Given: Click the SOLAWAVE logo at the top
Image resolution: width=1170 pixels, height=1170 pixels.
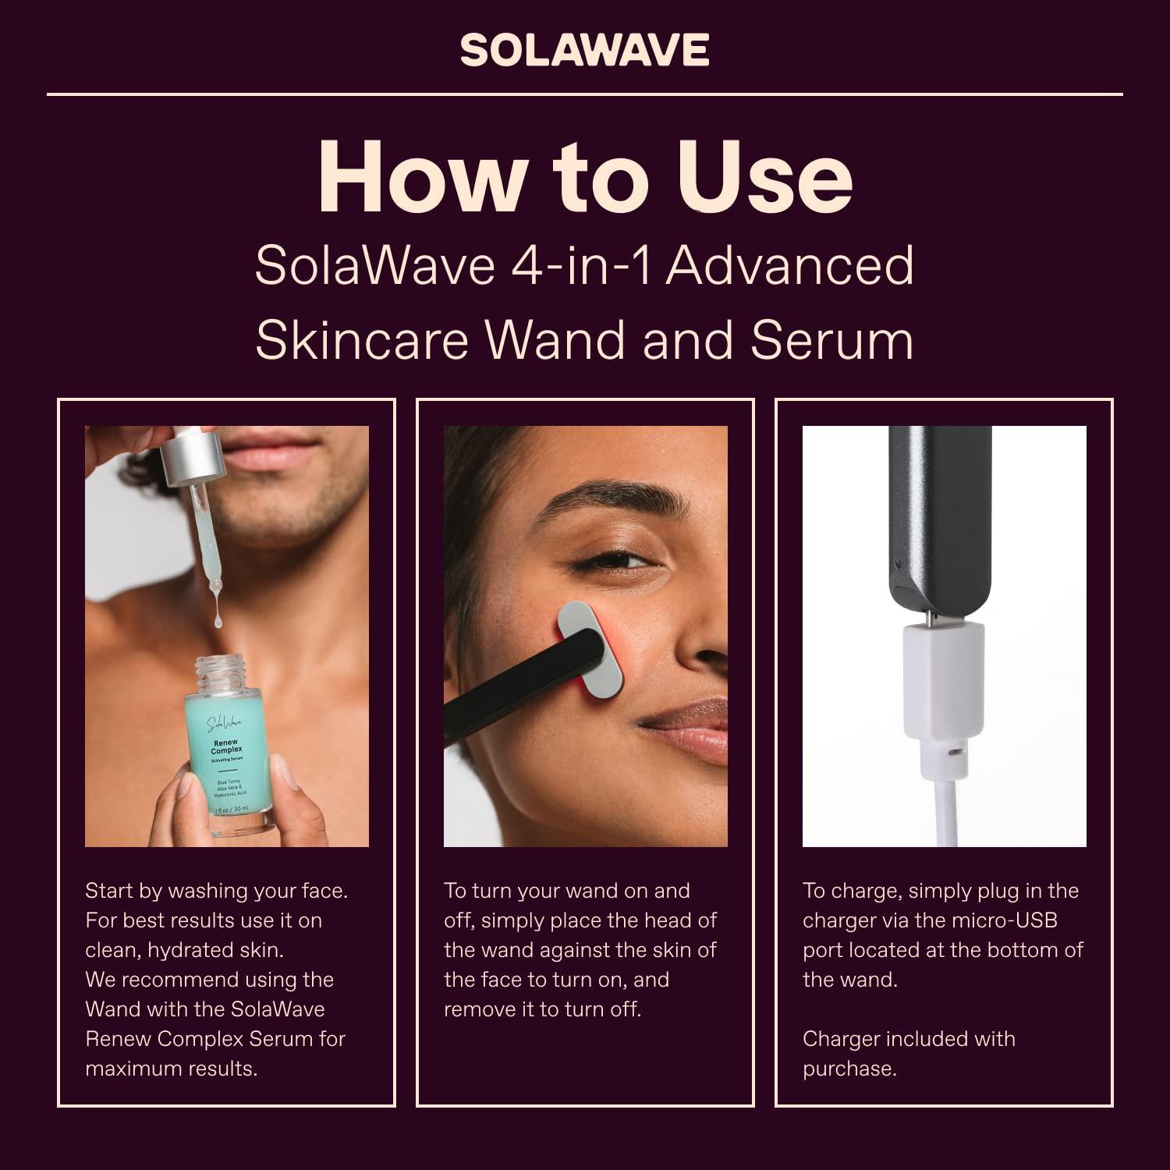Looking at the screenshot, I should pyautogui.click(x=584, y=51).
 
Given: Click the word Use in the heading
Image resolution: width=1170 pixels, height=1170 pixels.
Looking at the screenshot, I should pyautogui.click(x=764, y=178).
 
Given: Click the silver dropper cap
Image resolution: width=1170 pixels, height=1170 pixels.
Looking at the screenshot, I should pyautogui.click(x=190, y=457).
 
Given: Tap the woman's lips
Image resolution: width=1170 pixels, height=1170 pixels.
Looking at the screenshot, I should pyautogui.click(x=686, y=729).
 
